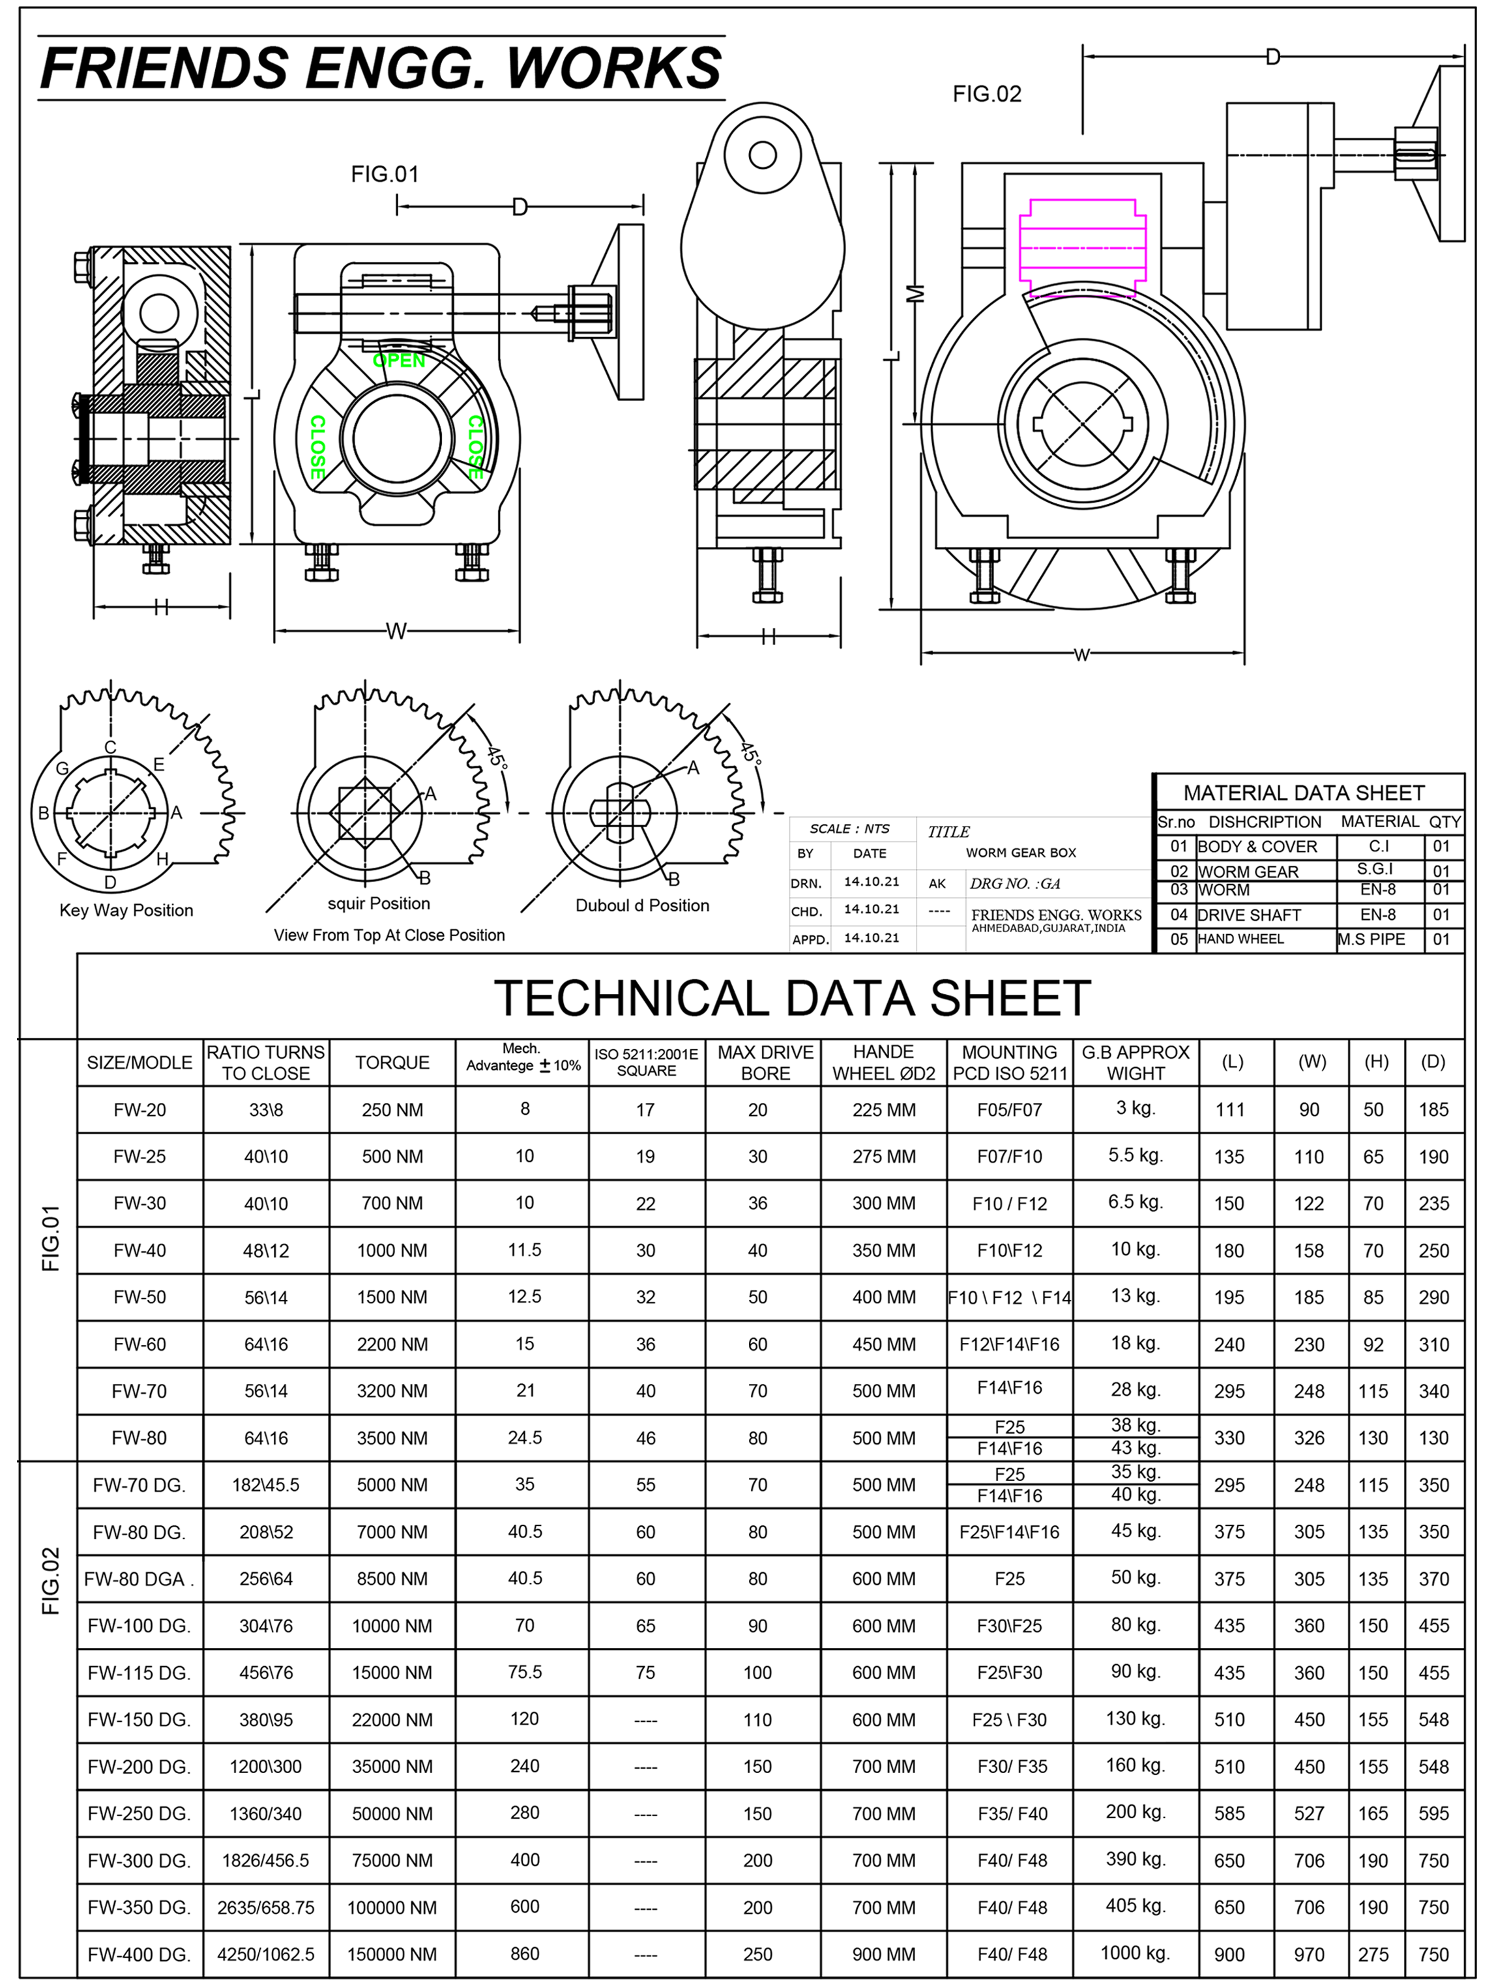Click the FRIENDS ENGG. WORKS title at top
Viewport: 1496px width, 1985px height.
pos(381,68)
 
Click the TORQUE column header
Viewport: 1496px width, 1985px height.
pos(392,1063)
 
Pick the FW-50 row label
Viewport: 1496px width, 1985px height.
pos(140,1297)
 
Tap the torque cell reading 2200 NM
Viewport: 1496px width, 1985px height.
pos(392,1344)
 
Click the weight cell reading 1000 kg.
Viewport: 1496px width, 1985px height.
pos(1136,1952)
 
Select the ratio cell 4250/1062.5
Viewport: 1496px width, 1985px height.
pos(266,1954)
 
